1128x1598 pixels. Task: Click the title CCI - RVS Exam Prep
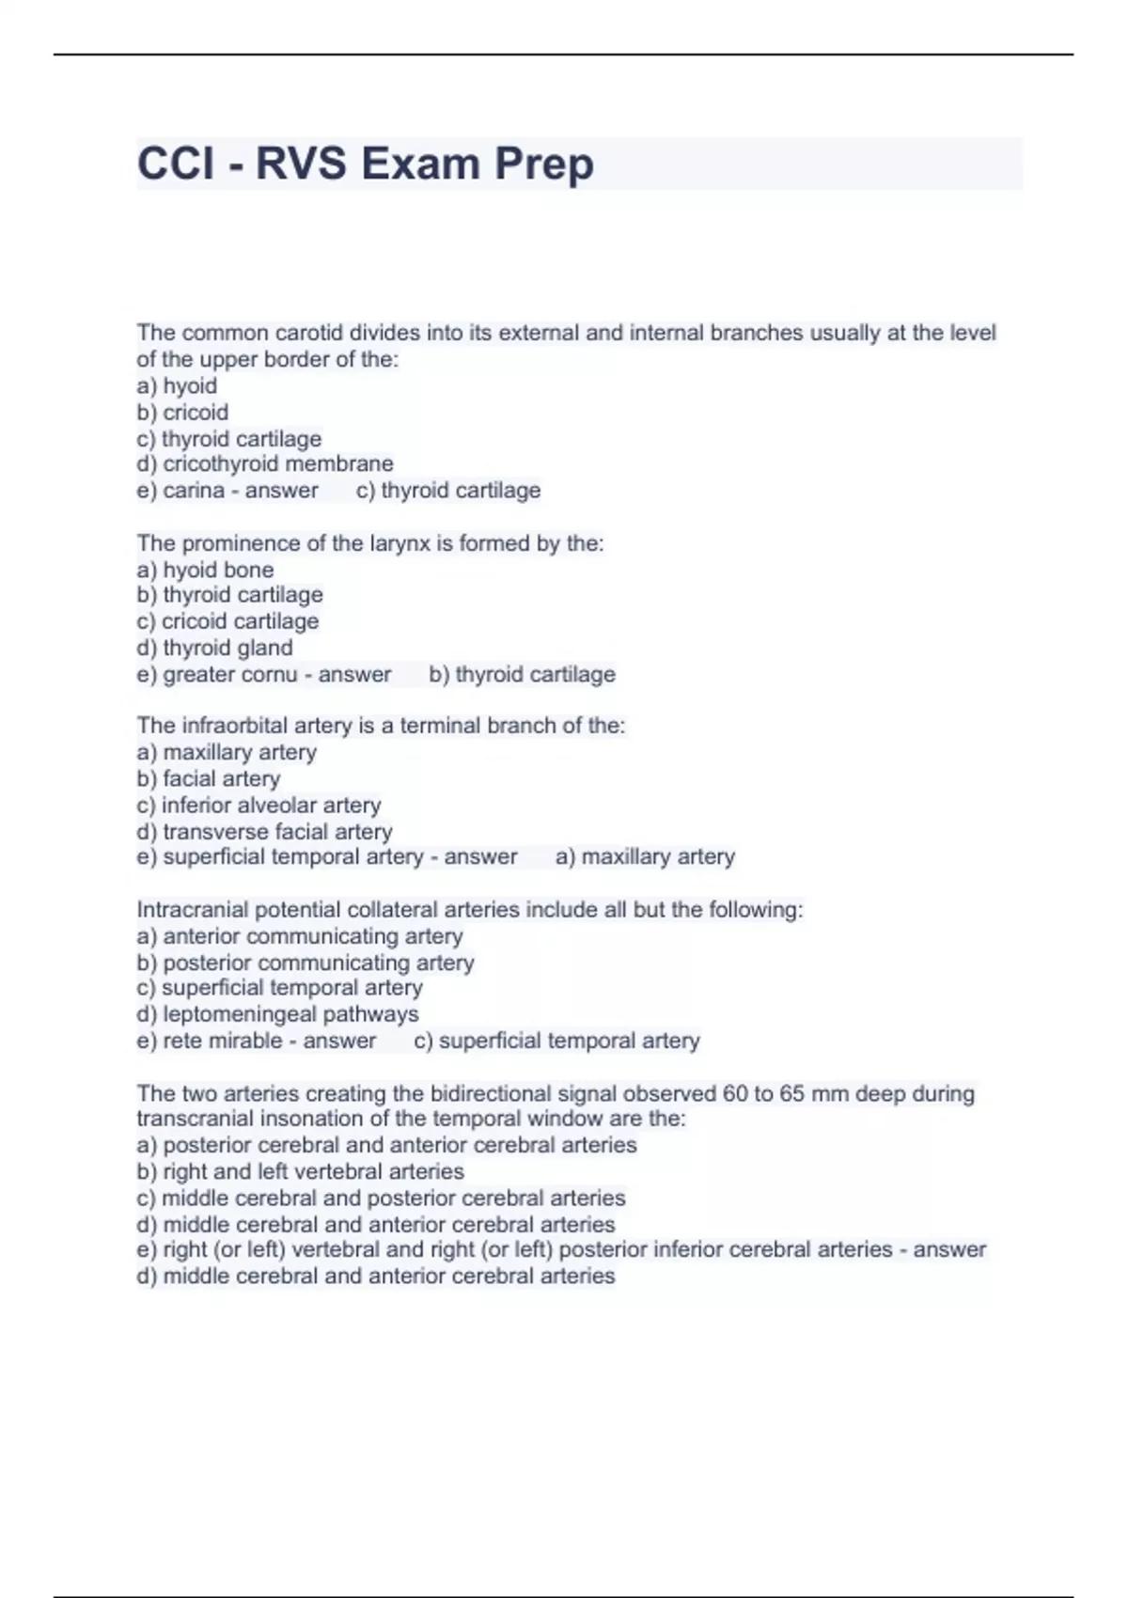coord(365,164)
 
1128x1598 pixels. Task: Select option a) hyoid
coord(177,386)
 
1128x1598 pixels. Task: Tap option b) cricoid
coord(182,413)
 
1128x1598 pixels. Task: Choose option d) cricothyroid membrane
coord(264,464)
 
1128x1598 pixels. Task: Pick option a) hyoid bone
coord(205,570)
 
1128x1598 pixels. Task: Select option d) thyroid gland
coord(214,648)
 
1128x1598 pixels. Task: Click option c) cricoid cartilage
coord(227,621)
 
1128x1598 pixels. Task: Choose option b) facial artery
coord(209,779)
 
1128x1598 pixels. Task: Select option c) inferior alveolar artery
coord(258,806)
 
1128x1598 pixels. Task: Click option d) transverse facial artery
coord(264,832)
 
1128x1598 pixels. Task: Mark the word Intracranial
coord(193,910)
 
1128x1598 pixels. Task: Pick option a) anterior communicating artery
coord(300,936)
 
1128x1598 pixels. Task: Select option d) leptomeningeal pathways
coord(277,1014)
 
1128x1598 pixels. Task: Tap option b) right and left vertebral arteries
coord(301,1171)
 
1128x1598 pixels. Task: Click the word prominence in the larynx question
coord(247,543)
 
